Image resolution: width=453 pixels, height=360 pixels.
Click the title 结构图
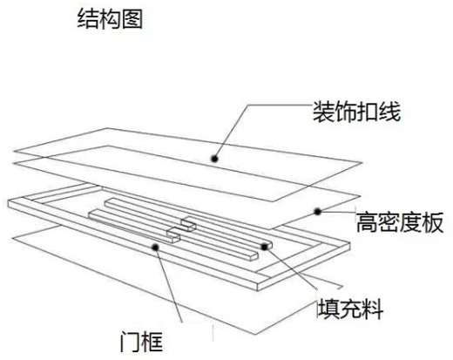coord(110,19)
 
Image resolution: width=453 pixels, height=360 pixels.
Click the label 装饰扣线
coord(356,112)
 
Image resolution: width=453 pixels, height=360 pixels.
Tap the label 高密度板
coord(400,222)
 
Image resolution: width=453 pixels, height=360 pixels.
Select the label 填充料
coord(350,309)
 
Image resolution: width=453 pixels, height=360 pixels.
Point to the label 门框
coord(141,342)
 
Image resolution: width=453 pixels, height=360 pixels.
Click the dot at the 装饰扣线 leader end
coord(214,159)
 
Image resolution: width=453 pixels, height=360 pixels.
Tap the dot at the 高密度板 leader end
coord(318,212)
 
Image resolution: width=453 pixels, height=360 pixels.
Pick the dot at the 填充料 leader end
coord(264,247)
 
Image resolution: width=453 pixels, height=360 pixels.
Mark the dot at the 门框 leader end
coord(156,248)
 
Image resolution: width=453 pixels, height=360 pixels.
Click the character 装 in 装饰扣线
coord(323,112)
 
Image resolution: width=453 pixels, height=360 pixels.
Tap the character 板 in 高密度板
coord(433,222)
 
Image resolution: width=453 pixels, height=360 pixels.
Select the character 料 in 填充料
coord(373,309)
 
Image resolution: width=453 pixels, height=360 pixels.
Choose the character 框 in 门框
coord(152,342)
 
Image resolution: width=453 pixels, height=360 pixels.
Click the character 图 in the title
coord(132,19)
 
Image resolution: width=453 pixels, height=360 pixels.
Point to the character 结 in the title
coord(88,19)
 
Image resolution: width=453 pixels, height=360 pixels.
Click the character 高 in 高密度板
coord(367,222)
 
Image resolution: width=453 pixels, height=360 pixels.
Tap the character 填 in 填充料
coord(328,309)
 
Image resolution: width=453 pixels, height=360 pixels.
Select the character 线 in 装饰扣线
coord(390,112)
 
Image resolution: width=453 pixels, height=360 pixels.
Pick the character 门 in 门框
coord(130,342)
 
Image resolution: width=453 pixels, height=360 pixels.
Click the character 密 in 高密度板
coord(389,222)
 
